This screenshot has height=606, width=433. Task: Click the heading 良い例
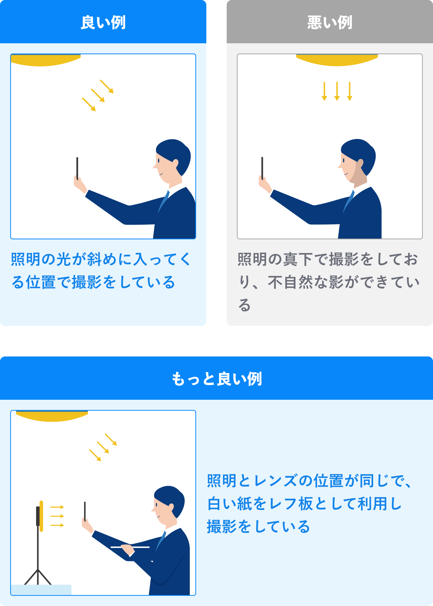pos(103,23)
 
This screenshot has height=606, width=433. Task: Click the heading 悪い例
pos(330,23)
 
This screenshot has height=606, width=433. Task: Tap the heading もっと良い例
pos(216,379)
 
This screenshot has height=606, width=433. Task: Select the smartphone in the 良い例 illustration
pos(77,168)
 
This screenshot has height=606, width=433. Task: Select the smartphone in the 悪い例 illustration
pos(262,168)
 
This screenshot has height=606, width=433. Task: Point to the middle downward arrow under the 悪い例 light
pos(337,91)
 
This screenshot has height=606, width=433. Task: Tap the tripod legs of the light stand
pos(38,577)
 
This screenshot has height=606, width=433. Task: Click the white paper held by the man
pos(130,547)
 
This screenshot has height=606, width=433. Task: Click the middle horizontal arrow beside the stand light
pos(57,516)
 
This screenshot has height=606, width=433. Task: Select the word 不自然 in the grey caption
pos(291,282)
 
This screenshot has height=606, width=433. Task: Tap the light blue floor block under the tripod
pos(41,590)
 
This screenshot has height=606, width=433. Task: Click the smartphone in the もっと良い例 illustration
pos(85,512)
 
